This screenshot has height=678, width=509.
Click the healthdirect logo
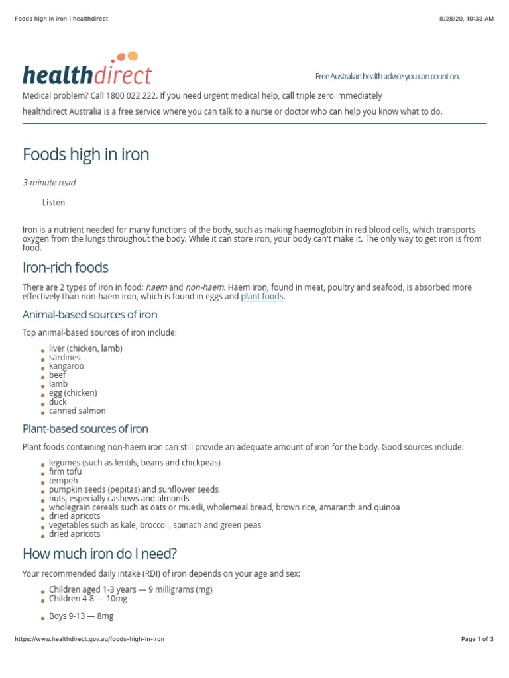(87, 71)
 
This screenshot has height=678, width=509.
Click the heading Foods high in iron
(86, 155)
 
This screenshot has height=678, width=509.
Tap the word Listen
(54, 203)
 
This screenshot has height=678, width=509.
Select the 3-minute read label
(49, 183)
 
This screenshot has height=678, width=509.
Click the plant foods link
(262, 297)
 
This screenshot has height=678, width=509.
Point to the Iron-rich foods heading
(66, 268)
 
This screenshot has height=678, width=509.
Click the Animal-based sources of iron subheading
(90, 315)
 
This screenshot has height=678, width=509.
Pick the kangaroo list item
(66, 366)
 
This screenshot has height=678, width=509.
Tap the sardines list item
(64, 358)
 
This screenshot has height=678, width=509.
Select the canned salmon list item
(77, 411)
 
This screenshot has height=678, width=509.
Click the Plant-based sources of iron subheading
(85, 429)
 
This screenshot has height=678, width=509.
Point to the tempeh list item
(63, 481)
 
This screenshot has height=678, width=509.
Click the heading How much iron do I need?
(100, 554)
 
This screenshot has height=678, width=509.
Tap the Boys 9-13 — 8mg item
(81, 616)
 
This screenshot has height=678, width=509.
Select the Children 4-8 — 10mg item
(87, 599)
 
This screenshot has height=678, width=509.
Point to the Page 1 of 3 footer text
(477, 639)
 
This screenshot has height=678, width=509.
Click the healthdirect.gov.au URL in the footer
(89, 639)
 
